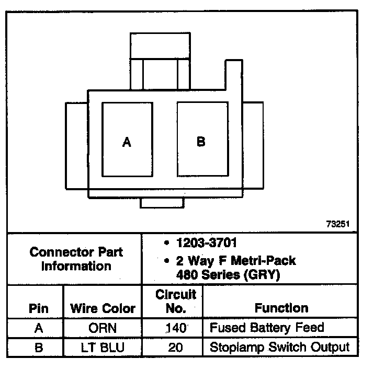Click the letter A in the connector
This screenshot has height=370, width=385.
pyautogui.click(x=127, y=142)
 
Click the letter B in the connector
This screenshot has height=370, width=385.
pyautogui.click(x=201, y=141)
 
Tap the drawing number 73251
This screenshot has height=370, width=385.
pyautogui.click(x=338, y=224)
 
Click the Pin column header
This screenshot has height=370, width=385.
pyautogui.click(x=38, y=308)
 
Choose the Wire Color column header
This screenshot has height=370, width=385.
pyautogui.click(x=103, y=308)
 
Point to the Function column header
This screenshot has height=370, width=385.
pyautogui.click(x=281, y=308)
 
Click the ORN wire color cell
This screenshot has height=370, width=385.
pyautogui.click(x=103, y=328)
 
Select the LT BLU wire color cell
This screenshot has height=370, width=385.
pyautogui.click(x=103, y=347)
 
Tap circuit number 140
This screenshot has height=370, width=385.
pyautogui.click(x=176, y=328)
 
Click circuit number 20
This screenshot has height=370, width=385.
pyautogui.click(x=176, y=347)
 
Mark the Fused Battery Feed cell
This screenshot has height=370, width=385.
pyautogui.click(x=267, y=328)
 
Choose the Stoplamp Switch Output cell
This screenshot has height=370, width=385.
pyautogui.click(x=279, y=346)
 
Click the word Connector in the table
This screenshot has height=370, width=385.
pyautogui.click(x=57, y=252)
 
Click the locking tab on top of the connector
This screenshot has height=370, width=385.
pyautogui.click(x=161, y=47)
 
